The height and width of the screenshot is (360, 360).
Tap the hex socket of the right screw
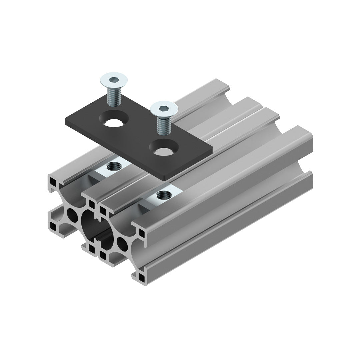pyautogui.click(x=163, y=109)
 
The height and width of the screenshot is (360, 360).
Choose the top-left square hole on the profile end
pyautogui.click(x=53, y=182)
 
